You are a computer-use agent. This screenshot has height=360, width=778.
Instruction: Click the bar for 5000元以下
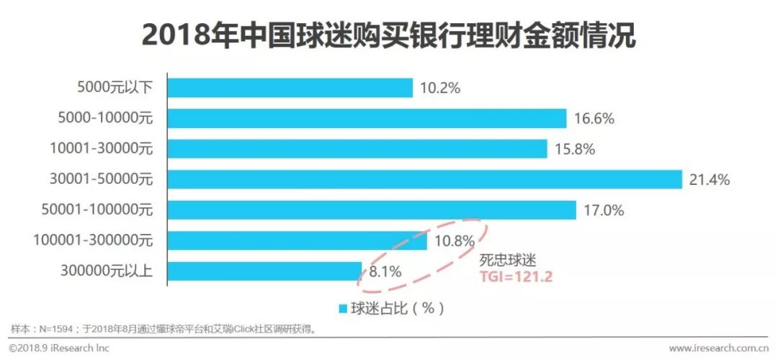click(x=290, y=87)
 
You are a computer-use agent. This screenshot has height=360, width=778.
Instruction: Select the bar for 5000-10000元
click(x=367, y=118)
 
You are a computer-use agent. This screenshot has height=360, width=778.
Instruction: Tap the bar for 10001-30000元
click(x=357, y=148)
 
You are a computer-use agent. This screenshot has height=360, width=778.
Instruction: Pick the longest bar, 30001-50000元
click(x=424, y=179)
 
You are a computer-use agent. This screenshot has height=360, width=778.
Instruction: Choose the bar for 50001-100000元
click(x=371, y=210)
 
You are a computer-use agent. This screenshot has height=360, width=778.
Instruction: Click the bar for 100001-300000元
click(x=297, y=240)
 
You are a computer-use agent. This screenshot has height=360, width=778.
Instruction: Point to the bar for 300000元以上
click(x=264, y=271)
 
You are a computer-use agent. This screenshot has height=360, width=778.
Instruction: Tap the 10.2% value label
click(x=439, y=88)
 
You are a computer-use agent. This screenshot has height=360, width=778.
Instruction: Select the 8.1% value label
click(x=385, y=271)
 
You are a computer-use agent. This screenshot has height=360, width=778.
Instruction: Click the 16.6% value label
click(x=594, y=119)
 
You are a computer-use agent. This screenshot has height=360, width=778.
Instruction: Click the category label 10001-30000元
click(x=102, y=148)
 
